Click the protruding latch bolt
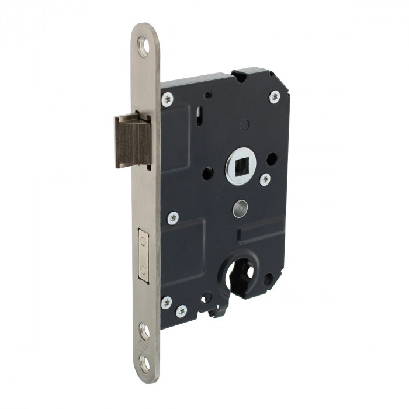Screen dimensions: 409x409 133,140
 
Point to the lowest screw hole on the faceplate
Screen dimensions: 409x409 144,364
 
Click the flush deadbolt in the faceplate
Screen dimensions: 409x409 143,256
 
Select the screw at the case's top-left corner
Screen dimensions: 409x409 167,99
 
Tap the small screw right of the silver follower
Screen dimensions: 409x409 265,179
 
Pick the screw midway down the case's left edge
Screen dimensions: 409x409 172,218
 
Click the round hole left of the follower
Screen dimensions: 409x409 207,174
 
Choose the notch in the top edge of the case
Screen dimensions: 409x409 240,75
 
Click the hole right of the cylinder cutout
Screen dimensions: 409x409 268,280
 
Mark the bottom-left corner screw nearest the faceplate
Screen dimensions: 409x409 167,303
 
